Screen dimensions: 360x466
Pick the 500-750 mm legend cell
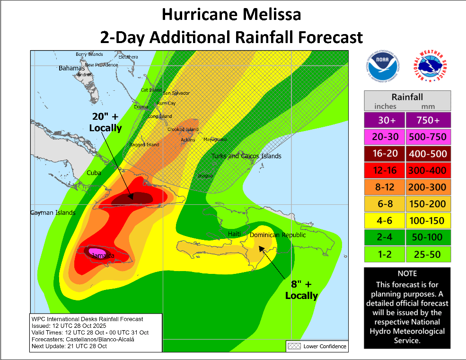tap(428, 136)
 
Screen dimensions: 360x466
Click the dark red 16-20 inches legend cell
tap(385, 153)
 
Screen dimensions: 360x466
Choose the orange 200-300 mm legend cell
tap(428, 187)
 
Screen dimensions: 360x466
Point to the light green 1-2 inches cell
tap(385, 254)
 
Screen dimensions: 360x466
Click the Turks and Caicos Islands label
tap(246, 156)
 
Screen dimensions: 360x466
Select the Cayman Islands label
tap(53, 213)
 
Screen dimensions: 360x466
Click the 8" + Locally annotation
tap(301, 290)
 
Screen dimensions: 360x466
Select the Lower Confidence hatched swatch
tap(294, 346)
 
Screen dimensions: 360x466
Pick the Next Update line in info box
tap(69, 346)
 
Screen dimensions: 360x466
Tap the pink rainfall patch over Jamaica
tap(97, 251)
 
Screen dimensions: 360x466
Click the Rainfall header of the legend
tap(407, 97)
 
